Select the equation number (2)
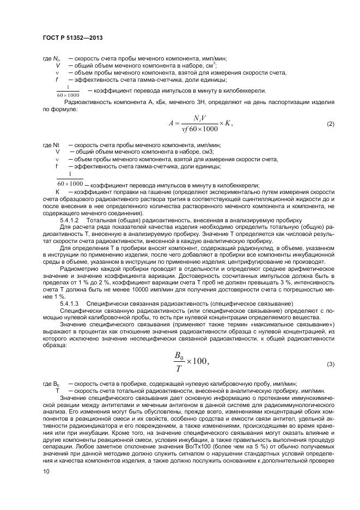pyautogui.click(x=330, y=124)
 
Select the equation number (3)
pyautogui.click(x=330, y=363)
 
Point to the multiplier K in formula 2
pyautogui.click(x=228, y=124)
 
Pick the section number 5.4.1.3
pyautogui.click(x=70, y=303)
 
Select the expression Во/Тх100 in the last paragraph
pyautogui.click(x=183, y=445)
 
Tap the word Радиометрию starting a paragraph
pyautogui.click(x=80, y=268)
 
